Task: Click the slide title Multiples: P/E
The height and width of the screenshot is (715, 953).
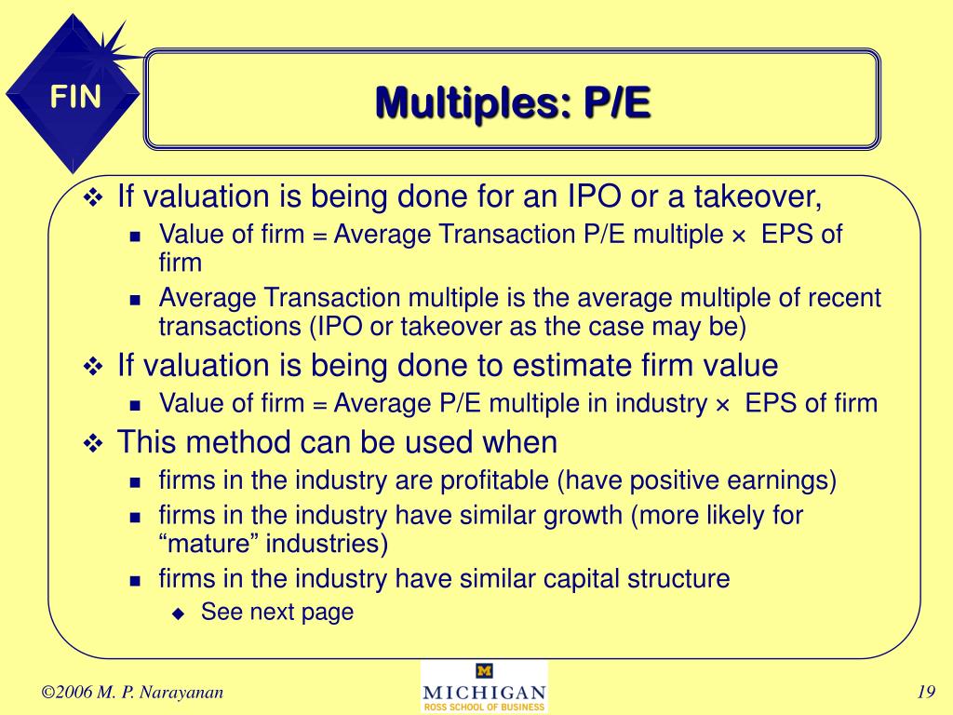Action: coord(513,101)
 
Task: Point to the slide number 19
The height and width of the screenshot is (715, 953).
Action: coord(924,691)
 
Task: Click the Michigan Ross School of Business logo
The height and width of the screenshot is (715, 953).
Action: coord(484,687)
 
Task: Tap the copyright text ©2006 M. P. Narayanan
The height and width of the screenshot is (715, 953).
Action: coord(132,691)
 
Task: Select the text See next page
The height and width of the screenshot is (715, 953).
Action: coord(277,612)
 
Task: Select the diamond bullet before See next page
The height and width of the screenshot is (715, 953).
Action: coord(180,613)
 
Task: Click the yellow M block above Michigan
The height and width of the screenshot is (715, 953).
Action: coord(484,671)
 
